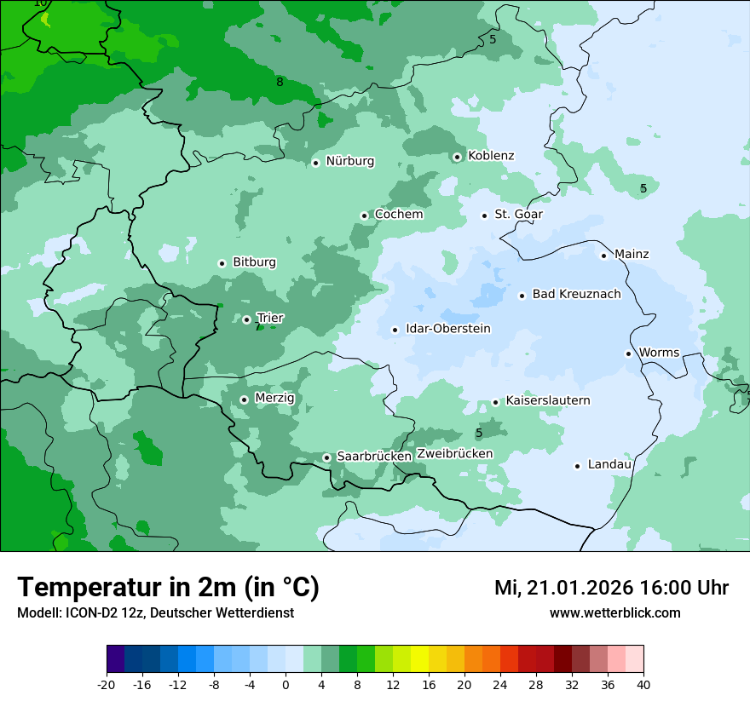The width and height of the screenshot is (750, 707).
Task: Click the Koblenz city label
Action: [x=491, y=156]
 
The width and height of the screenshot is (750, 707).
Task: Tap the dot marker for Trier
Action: [x=246, y=320]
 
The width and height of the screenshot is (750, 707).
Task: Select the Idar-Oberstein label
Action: [x=448, y=329]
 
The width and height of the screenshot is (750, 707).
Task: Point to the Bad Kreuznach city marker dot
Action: [x=522, y=296]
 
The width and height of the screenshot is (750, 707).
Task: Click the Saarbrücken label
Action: [x=374, y=457]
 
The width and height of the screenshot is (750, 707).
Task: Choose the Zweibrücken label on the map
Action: [x=454, y=454]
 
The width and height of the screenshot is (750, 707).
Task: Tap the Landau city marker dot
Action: [x=577, y=466]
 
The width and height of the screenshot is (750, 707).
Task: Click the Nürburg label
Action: [x=349, y=161]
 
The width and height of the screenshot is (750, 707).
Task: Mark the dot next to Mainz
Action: [x=603, y=256]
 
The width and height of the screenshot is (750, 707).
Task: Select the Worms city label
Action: [x=659, y=353]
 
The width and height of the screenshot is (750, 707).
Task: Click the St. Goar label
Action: [x=518, y=215]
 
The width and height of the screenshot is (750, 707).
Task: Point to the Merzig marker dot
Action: [x=244, y=399]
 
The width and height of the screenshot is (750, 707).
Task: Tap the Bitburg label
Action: [x=254, y=262]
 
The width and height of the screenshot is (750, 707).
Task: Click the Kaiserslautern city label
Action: [x=548, y=400]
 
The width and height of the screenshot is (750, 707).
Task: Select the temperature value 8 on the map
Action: [x=280, y=83]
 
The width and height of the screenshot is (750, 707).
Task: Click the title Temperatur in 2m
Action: [x=168, y=588]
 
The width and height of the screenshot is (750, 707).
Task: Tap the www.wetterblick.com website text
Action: [x=614, y=613]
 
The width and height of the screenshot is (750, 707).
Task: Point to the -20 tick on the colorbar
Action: [x=107, y=684]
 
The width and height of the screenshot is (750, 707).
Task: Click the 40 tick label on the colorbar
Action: [x=643, y=684]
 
